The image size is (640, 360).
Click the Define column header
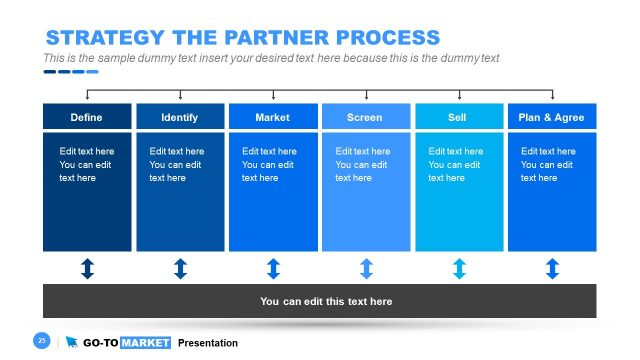(87, 117)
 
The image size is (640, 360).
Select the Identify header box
(180, 117)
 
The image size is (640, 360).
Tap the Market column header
(273, 117)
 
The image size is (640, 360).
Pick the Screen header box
(365, 117)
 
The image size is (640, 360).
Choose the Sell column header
(459, 117)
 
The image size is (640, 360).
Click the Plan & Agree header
(551, 117)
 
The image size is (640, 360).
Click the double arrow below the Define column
(87, 268)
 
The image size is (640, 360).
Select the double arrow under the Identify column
(180, 268)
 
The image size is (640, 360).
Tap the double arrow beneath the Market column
(273, 268)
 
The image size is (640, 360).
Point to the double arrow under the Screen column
(366, 268)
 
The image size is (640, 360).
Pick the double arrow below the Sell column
(459, 268)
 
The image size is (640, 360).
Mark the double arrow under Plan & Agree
(552, 268)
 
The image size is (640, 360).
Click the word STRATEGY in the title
(104, 38)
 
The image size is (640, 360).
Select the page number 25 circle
(42, 341)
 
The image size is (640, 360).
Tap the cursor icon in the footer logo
(71, 342)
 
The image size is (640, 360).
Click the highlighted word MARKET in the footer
(145, 343)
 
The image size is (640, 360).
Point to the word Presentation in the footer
(208, 343)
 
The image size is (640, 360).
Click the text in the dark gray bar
(326, 301)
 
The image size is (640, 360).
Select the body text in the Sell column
(455, 164)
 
